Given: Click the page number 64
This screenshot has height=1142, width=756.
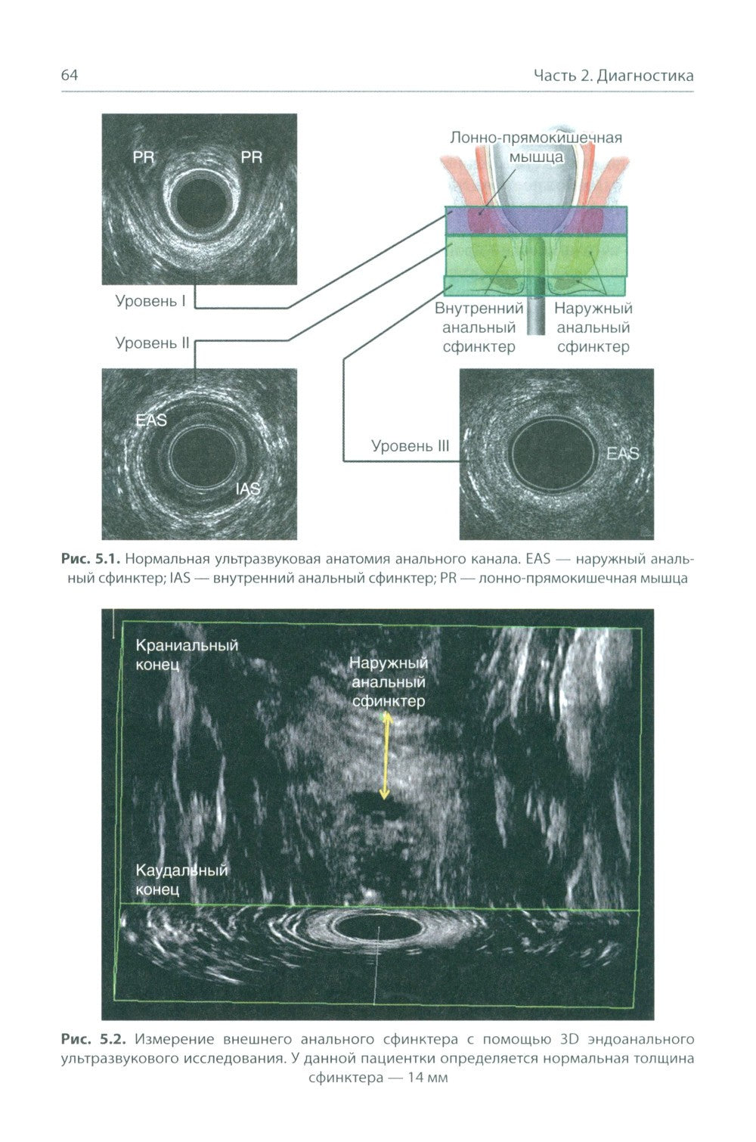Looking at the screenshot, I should point(70,76).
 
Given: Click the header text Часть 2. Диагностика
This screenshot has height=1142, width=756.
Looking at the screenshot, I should point(613,76).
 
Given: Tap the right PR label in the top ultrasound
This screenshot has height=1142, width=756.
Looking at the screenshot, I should point(251,157).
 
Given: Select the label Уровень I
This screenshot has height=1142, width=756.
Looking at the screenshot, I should point(150,301).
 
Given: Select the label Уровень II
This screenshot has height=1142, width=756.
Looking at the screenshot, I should point(152,343).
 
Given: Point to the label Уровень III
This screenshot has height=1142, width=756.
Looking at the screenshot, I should point(410,446).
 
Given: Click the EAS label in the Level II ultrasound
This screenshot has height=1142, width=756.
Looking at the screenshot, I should point(151,420).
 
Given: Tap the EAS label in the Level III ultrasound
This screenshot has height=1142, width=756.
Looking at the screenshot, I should point(623,454).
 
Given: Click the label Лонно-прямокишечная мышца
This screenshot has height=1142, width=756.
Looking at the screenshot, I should point(536,147).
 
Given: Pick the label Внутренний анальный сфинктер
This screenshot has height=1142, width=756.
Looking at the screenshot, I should point(479,328).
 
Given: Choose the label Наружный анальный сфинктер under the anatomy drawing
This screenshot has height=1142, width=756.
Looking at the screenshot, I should point(593,328).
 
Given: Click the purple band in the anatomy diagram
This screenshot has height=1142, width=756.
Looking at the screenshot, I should point(535,221).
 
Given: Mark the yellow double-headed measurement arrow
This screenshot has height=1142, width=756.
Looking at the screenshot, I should point(385,758).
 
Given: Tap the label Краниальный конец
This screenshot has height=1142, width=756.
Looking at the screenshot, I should point(187,655).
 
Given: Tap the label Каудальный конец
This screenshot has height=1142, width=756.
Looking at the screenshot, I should point(181,880).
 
